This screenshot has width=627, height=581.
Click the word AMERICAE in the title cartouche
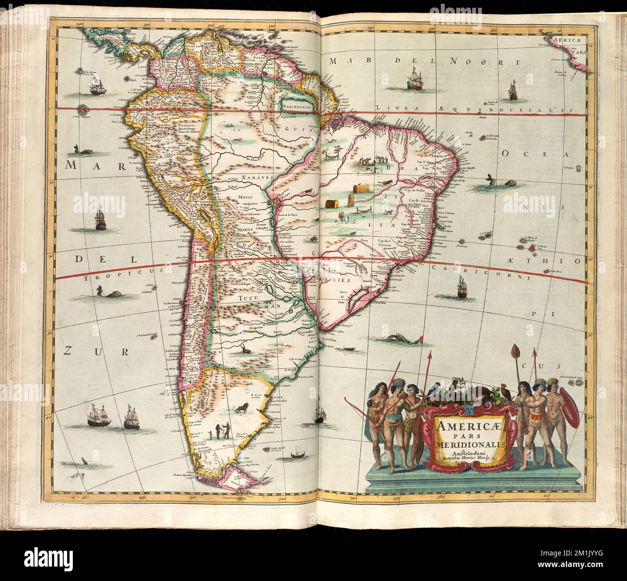[458, 427]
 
